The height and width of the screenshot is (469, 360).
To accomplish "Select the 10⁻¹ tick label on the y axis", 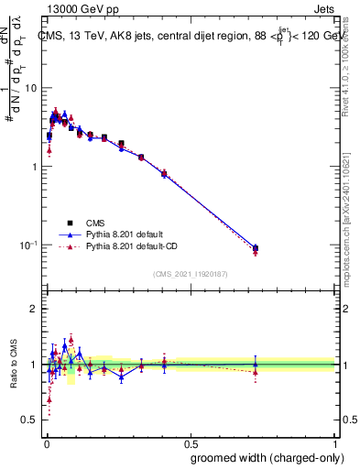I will (x=28, y=245).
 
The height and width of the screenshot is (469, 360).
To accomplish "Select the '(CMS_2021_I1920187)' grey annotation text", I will (x=190, y=272).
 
